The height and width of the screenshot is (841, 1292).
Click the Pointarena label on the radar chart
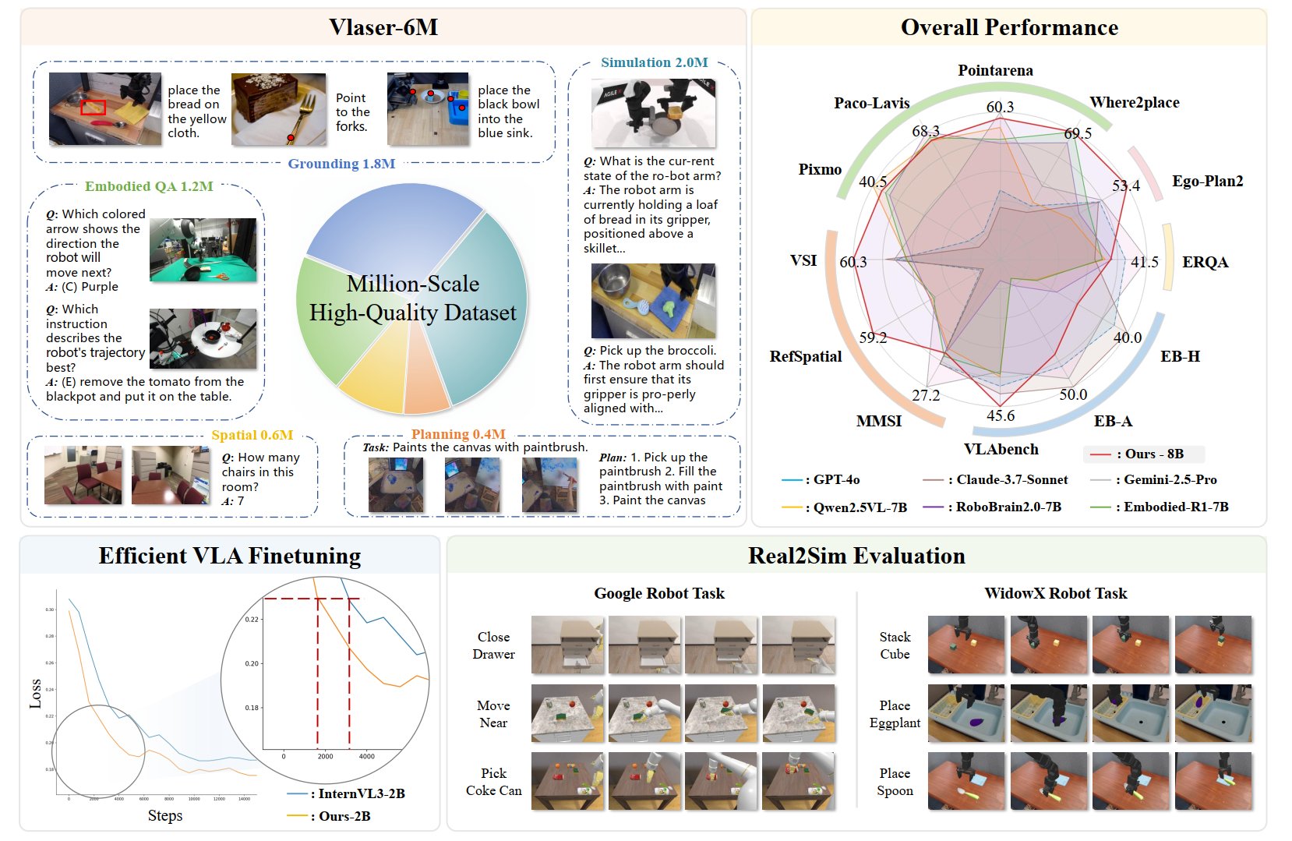tap(995, 70)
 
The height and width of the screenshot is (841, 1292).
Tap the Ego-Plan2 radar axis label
tap(1207, 181)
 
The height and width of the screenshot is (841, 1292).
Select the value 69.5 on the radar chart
tap(1078, 133)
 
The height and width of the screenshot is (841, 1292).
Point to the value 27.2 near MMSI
tap(926, 395)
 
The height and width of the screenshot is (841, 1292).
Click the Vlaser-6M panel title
tap(383, 27)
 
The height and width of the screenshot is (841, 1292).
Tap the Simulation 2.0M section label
tap(655, 62)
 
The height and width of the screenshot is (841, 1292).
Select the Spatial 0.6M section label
tap(252, 435)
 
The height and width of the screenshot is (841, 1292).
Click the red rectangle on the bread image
tap(93, 107)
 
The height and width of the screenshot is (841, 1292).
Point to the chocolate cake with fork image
tap(278, 109)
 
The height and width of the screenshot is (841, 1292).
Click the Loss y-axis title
tap(35, 694)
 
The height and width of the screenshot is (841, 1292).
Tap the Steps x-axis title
tap(165, 815)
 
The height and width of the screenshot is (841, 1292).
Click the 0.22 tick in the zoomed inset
tap(252, 620)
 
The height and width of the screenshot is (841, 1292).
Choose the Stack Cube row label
tap(895, 645)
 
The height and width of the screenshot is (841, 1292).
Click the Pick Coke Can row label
tap(493, 782)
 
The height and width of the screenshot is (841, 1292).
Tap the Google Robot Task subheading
tap(659, 593)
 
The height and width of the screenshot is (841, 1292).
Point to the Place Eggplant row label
tap(895, 714)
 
